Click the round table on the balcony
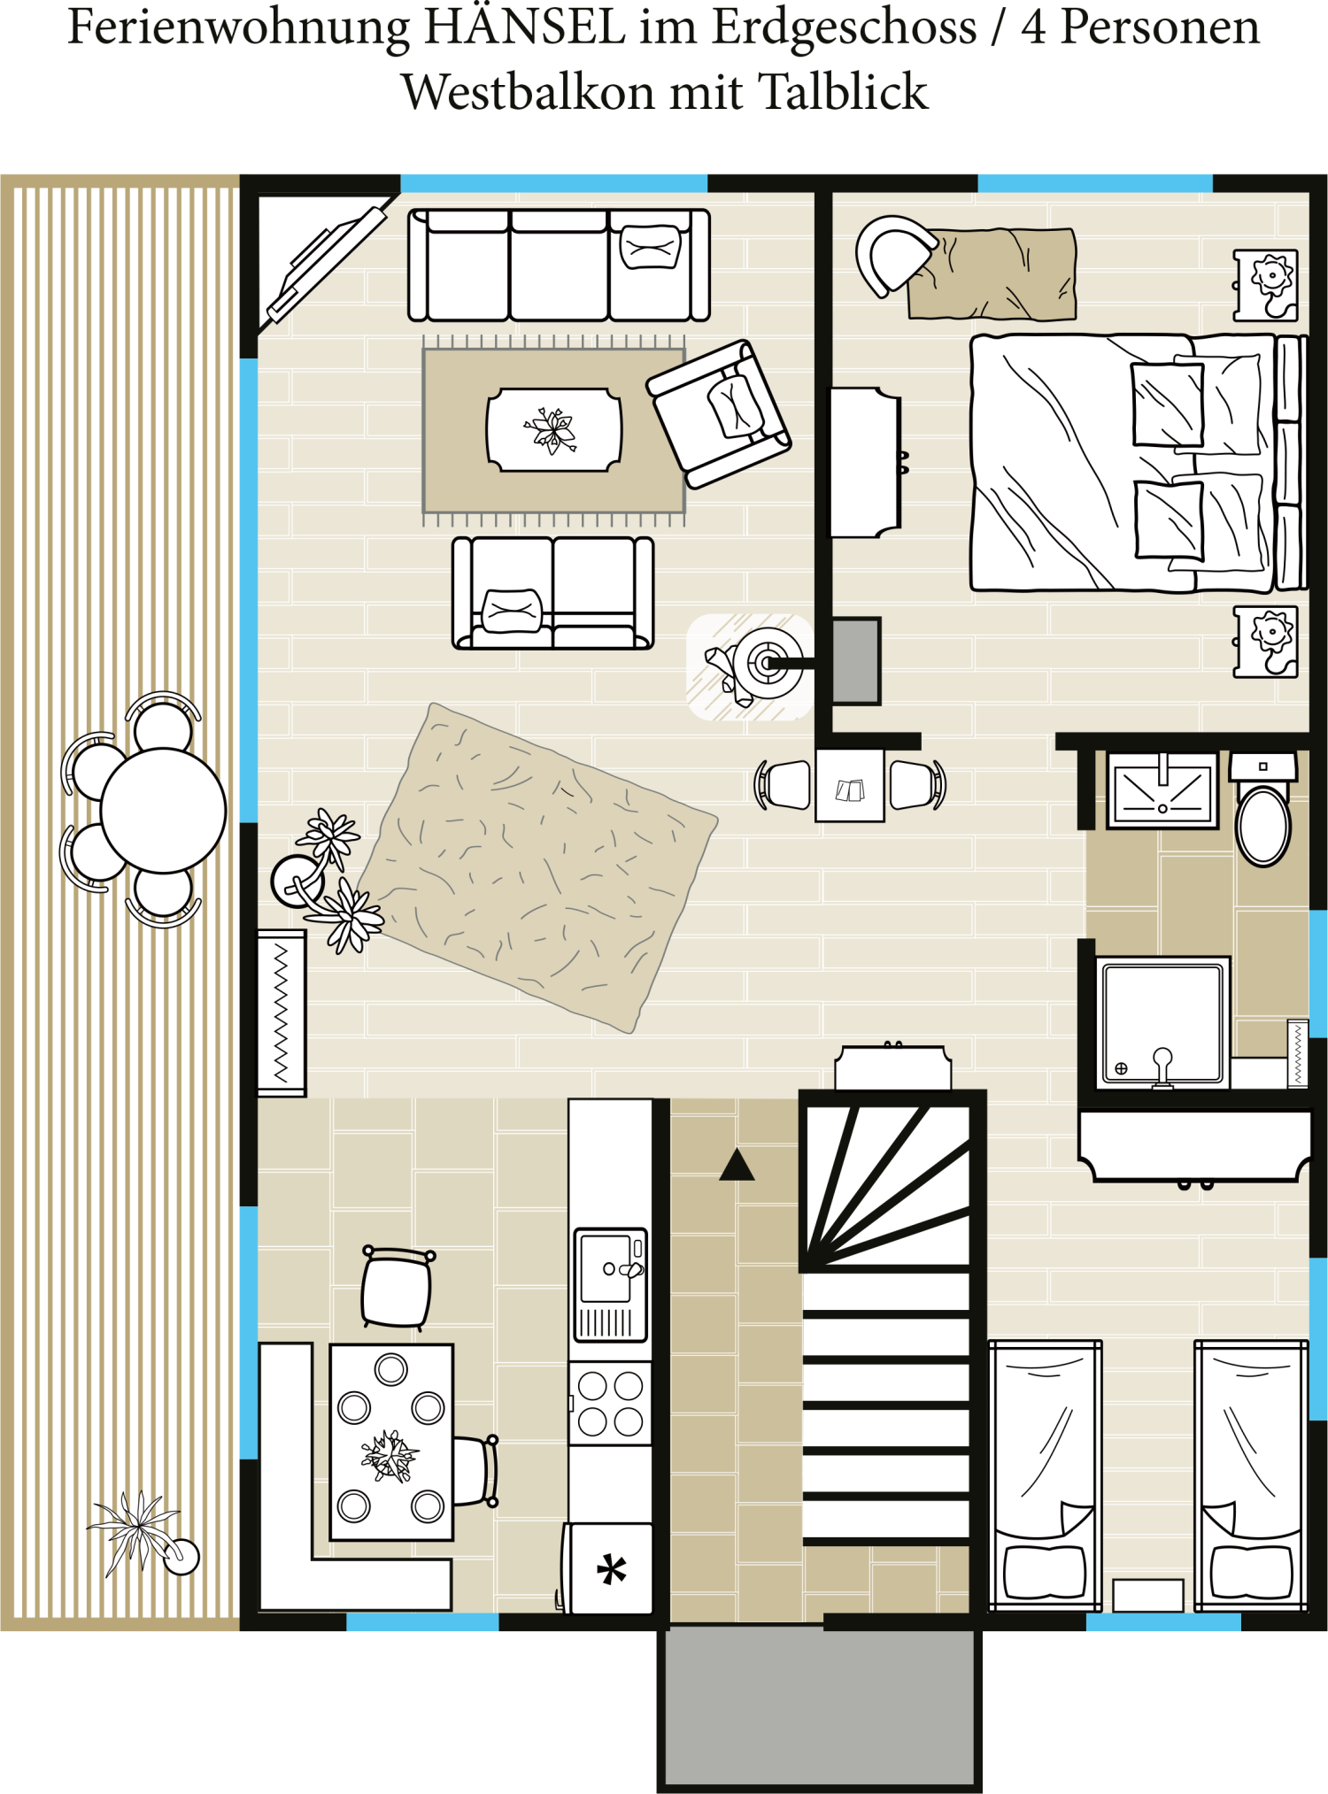[163, 810]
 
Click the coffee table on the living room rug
[554, 430]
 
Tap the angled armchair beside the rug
[720, 413]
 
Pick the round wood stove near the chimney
[767, 663]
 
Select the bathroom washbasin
[1162, 790]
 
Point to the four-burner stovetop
[610, 1404]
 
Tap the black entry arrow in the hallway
[737, 1166]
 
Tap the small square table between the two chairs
[850, 786]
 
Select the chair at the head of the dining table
[398, 1288]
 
